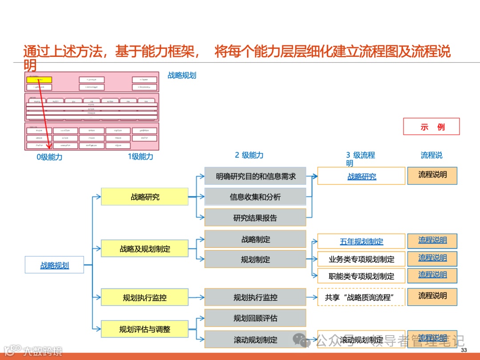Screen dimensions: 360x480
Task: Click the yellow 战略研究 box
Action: point(144,196)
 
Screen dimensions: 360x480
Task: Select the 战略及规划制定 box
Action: point(144,248)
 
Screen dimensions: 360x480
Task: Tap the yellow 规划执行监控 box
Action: point(144,297)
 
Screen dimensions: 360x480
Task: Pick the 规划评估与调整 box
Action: point(144,329)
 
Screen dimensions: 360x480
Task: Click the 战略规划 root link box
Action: point(55,265)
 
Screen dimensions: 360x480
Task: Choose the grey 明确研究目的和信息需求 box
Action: point(255,176)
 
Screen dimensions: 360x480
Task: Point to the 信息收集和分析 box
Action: point(255,196)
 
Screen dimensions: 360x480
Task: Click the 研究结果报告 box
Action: point(255,217)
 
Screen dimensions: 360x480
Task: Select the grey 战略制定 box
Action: point(255,239)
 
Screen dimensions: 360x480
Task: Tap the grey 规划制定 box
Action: point(255,259)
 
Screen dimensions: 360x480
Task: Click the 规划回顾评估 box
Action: point(255,318)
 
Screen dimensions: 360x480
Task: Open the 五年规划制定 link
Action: point(361,241)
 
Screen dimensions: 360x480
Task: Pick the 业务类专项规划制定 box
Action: point(361,259)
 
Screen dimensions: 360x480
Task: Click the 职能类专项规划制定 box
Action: point(361,276)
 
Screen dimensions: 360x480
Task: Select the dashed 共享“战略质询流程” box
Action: point(361,297)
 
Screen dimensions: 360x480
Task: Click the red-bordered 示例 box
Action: point(431,127)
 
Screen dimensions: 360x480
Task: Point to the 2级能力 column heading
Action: point(249,155)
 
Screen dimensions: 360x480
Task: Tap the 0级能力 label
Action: point(49,157)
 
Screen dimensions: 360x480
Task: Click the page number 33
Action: point(464,351)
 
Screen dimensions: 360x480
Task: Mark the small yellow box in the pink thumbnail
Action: point(39,80)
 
